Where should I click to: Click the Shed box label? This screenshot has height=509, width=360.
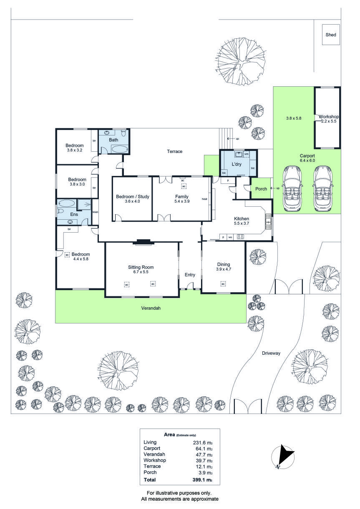coord(331,35)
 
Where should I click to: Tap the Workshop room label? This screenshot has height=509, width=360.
coord(328,117)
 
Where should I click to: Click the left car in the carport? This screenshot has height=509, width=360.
coord(292,188)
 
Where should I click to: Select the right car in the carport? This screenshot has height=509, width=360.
coord(324,188)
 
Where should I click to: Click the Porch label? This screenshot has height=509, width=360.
coord(261,189)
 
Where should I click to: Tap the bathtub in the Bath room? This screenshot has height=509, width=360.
coord(120,149)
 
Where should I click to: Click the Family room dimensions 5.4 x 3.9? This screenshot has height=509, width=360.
coord(181,201)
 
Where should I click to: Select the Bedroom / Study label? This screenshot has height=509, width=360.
coord(133,196)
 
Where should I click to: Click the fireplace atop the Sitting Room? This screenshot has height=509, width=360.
coord(143,241)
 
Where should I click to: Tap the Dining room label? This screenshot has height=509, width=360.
coord(224,264)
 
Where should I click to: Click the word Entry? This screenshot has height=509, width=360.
coord(190,275)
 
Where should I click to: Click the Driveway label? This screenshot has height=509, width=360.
coord(271,353)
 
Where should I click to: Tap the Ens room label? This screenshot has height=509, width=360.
coord(74,214)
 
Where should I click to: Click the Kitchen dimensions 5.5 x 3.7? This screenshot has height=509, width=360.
coord(241,224)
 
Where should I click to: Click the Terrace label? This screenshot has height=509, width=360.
coord(175,151)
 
